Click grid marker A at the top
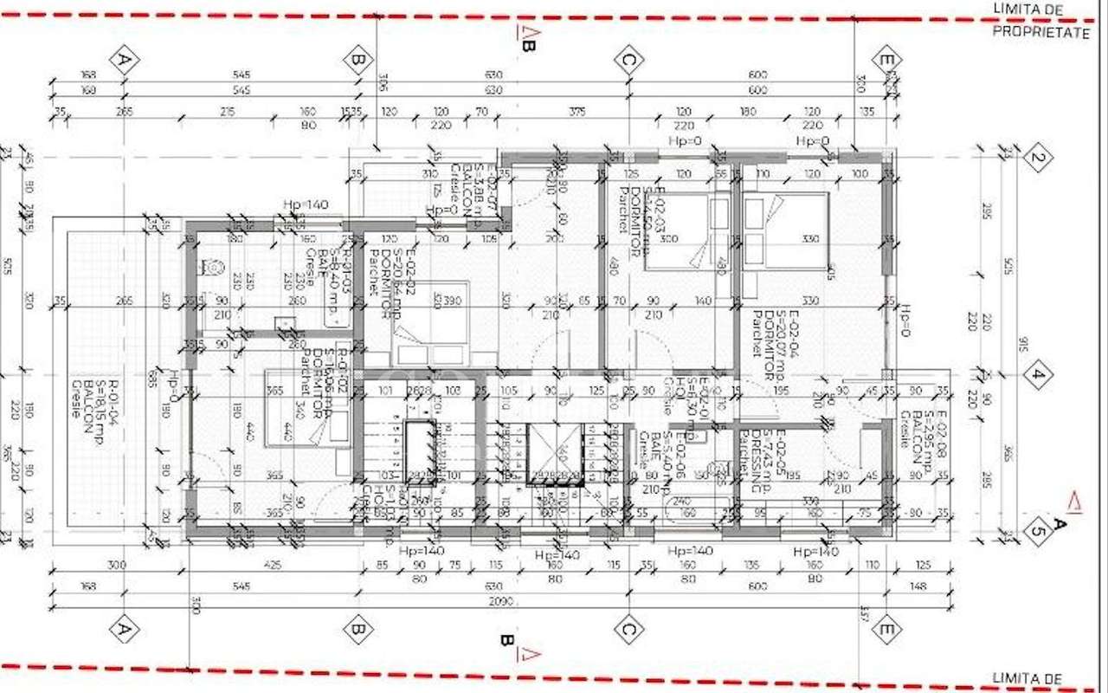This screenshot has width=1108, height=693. [125, 60]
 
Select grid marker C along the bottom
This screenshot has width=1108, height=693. [628, 628]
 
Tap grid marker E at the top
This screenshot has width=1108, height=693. [886, 60]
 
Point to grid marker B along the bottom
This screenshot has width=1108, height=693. [357, 628]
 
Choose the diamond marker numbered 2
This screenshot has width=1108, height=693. [1036, 159]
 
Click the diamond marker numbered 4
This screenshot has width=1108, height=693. [1036, 375]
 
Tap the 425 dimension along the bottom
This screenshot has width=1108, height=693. [273, 565]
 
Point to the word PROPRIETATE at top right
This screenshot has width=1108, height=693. [1040, 32]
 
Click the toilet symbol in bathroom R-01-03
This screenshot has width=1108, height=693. [209, 267]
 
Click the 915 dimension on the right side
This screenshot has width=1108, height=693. [1024, 344]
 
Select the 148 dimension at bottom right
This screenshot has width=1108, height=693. [918, 586]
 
